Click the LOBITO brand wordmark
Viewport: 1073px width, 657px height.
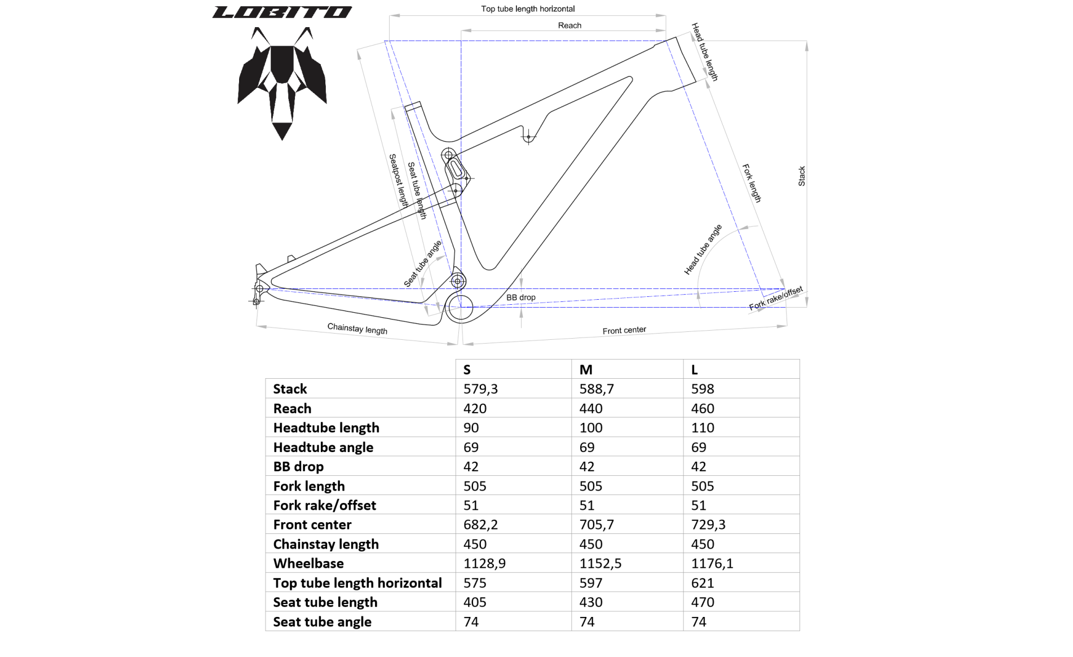click(282, 12)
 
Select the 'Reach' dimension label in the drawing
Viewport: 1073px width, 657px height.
click(569, 25)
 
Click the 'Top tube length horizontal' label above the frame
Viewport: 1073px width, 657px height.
click(528, 9)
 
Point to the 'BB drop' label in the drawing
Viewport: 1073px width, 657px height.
click(521, 297)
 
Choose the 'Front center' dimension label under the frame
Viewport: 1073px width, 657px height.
click(624, 330)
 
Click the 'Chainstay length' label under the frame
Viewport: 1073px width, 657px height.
click(357, 329)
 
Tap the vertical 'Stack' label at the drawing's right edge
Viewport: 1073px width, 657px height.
click(802, 176)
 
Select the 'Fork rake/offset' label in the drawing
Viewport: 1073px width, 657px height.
click(776, 299)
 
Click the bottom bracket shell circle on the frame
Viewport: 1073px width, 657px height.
click(461, 307)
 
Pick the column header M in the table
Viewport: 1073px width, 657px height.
click(586, 370)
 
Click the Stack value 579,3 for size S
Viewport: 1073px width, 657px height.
click(480, 389)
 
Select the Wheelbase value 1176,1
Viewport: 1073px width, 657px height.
click(712, 563)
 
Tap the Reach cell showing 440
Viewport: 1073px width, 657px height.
click(591, 409)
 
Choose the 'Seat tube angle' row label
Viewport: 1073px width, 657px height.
click(323, 622)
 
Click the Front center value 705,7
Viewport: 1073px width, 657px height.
click(597, 525)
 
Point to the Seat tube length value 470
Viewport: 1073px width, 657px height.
click(703, 602)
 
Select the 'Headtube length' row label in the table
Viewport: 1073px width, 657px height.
click(326, 428)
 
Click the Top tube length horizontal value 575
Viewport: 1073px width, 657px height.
click(475, 583)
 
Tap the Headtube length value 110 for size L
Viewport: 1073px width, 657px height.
click(703, 428)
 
